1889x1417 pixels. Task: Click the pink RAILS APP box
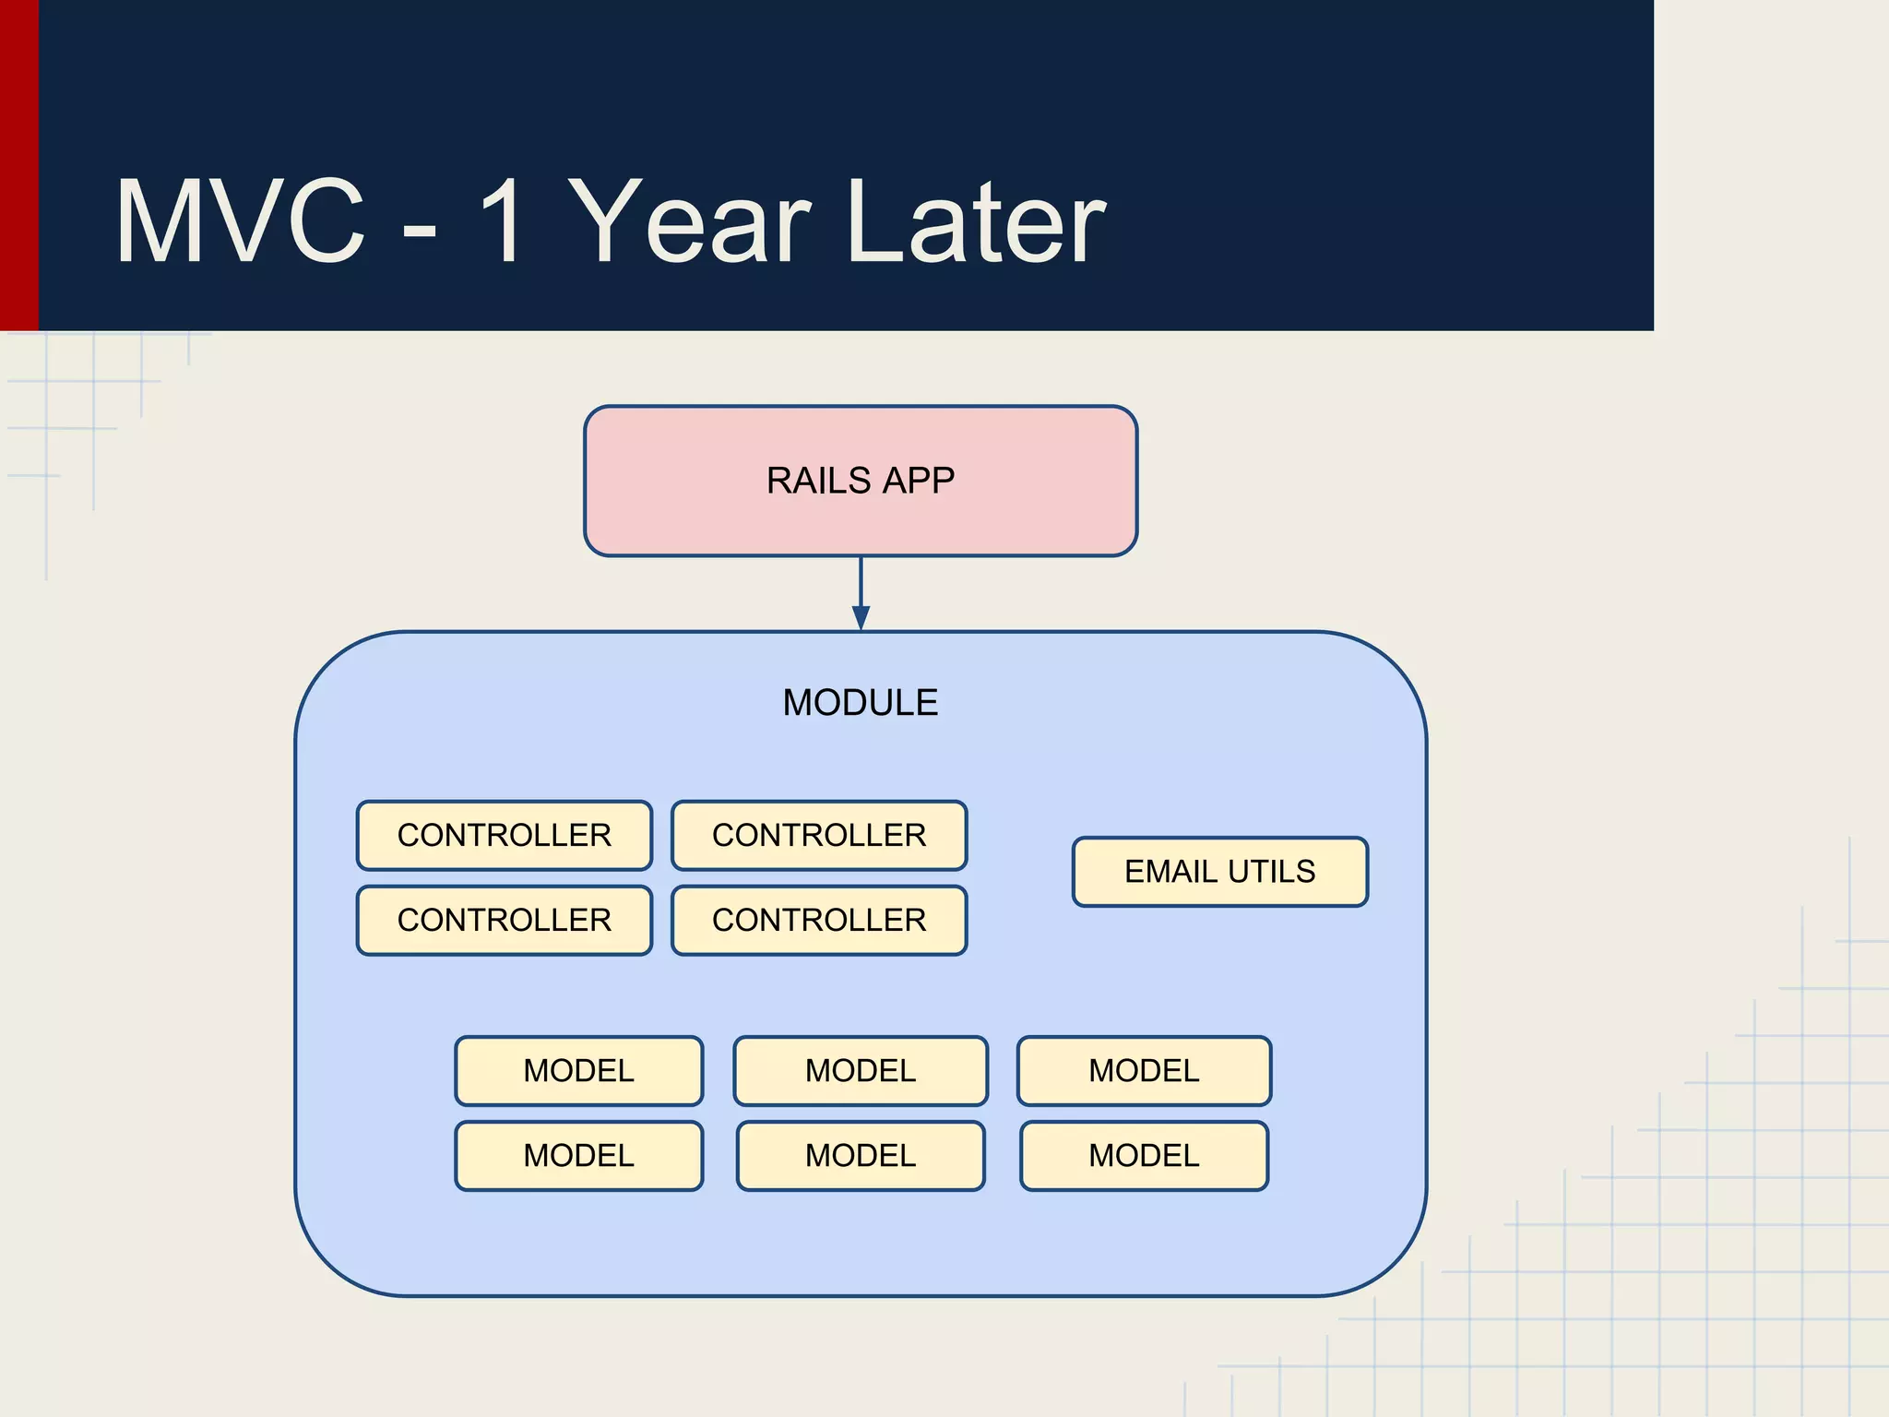click(861, 481)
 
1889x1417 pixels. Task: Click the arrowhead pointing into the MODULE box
click(861, 618)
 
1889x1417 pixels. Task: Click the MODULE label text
click(861, 703)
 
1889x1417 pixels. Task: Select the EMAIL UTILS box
click(1219, 872)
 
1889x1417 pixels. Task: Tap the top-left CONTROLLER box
click(505, 835)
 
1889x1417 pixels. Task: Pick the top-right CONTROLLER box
click(819, 835)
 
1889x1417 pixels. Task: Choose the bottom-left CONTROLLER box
click(505, 920)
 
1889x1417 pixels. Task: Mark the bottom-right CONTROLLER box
click(819, 920)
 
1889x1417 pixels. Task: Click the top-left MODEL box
click(579, 1071)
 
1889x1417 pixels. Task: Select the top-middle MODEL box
click(861, 1071)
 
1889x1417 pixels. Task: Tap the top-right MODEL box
click(1144, 1071)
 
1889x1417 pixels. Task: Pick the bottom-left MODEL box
click(579, 1156)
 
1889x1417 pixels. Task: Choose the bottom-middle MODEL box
click(861, 1156)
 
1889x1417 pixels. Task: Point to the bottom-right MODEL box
click(1144, 1156)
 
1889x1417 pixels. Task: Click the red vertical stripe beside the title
click(18, 166)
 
